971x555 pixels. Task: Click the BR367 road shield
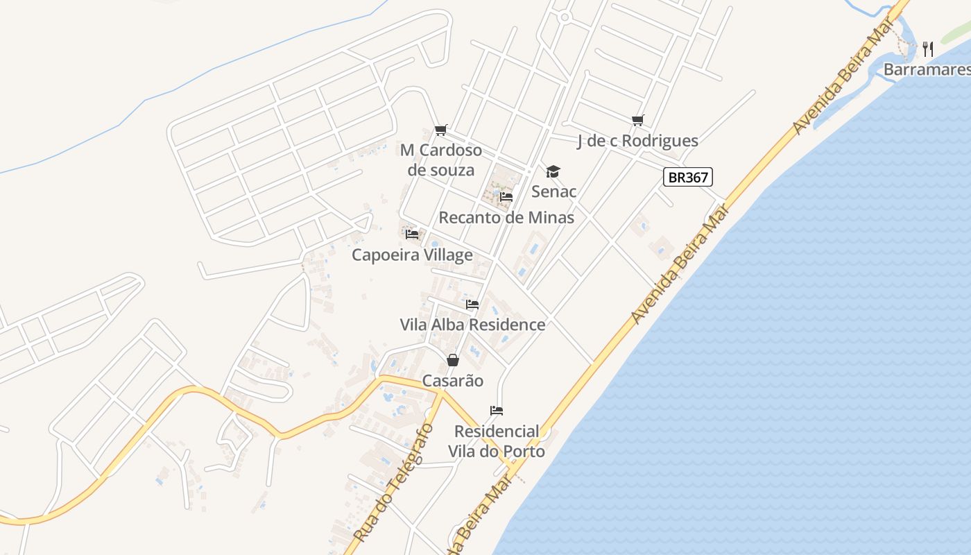pos(687,178)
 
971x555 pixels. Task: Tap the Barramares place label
pos(927,70)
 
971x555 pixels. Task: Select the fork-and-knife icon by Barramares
pos(928,49)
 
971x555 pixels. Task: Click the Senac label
pos(553,191)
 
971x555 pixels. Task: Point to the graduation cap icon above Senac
pos(553,171)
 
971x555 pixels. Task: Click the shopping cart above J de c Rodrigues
pos(638,121)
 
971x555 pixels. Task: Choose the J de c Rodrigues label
pos(637,141)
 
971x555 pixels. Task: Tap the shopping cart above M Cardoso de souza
pos(441,130)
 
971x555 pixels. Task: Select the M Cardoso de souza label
pos(441,160)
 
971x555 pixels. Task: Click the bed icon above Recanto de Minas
pos(506,197)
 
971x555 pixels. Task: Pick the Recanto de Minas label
pos(506,218)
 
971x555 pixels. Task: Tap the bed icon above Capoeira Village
pos(412,234)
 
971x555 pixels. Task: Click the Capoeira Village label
pos(412,255)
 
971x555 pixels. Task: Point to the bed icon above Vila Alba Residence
pos(472,305)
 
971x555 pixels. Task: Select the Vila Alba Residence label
pos(472,325)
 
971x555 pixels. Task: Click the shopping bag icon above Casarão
pos(453,360)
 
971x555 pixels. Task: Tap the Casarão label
pos(453,381)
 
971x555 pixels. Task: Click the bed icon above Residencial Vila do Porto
pos(497,411)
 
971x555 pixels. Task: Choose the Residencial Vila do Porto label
pos(497,441)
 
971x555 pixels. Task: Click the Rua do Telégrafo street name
pos(393,483)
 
